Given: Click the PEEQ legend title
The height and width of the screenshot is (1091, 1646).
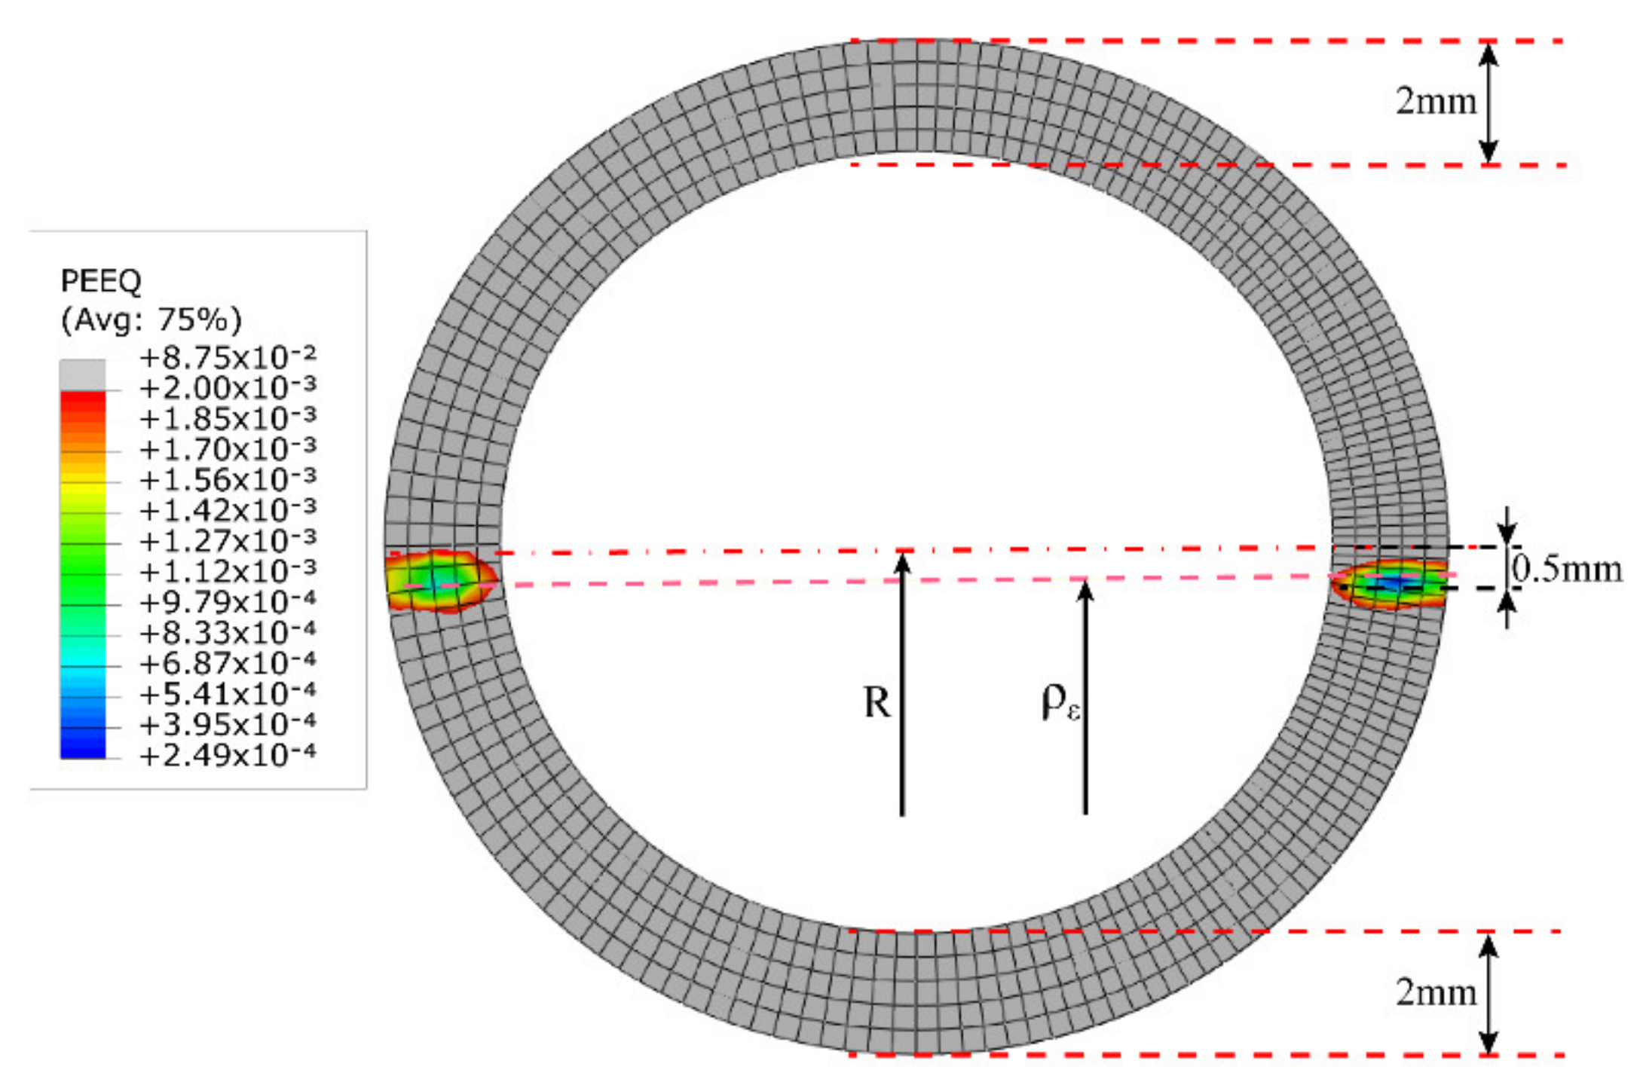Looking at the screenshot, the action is click(101, 281).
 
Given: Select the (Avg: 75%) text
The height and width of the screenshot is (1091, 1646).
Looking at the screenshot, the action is click(151, 320).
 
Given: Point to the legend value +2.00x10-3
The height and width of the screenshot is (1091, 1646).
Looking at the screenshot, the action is click(228, 387).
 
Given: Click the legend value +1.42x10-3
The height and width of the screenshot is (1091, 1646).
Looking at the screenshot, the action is click(228, 510).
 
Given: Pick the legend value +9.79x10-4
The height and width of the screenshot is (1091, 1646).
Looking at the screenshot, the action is click(228, 602).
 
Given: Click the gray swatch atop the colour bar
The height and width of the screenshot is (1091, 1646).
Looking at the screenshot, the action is click(83, 375).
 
